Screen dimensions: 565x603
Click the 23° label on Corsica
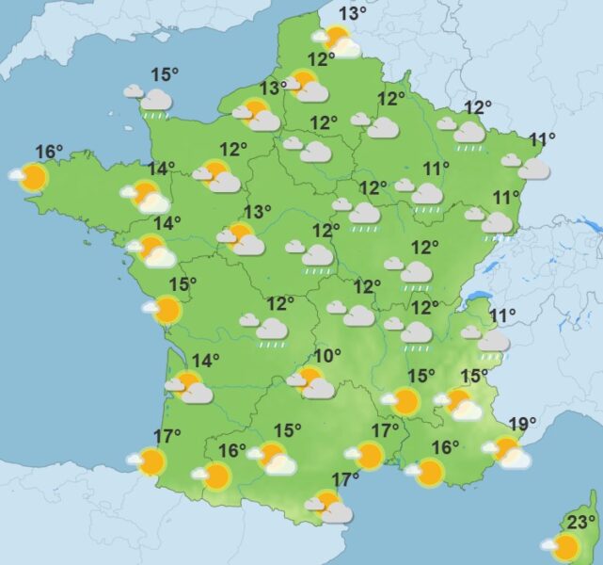pos(581,524)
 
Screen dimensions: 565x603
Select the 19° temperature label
pos(521,424)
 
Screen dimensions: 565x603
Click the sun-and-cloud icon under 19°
pos(509,452)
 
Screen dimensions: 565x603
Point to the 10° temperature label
pos(326,356)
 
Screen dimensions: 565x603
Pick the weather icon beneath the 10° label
pos(313,382)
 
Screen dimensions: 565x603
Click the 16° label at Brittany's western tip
pos(49,151)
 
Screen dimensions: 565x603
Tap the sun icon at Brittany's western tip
pos(33,177)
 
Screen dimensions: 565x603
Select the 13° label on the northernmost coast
pos(352,13)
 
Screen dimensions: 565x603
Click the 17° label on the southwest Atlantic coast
pos(167,436)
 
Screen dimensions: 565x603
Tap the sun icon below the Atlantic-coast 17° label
pos(150,461)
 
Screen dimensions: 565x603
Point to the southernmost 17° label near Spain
pos(345,478)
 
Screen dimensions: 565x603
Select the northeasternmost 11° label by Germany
pos(542,141)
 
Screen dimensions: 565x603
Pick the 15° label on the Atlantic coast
pos(182,283)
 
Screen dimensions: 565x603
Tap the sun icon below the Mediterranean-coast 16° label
pos(429,472)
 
